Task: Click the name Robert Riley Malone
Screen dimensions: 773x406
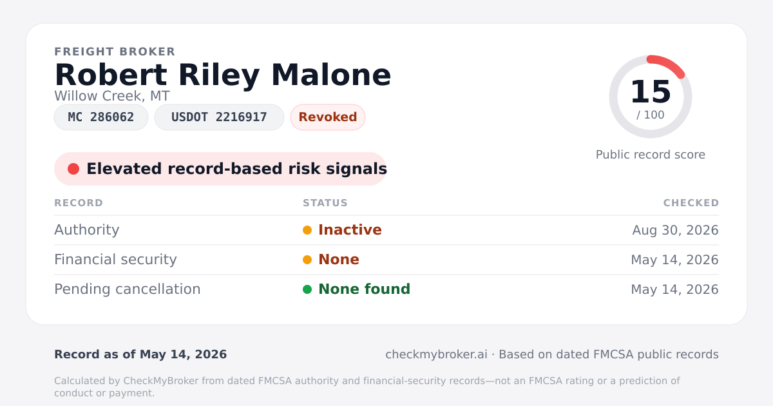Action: (x=223, y=75)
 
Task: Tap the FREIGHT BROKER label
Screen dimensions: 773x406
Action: (x=115, y=52)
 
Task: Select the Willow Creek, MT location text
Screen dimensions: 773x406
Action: (x=112, y=96)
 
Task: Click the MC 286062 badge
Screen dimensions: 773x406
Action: (x=101, y=117)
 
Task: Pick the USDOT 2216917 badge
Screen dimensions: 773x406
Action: (x=219, y=117)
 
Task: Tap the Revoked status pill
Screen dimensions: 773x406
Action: (x=328, y=117)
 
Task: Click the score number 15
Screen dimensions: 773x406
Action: (x=651, y=92)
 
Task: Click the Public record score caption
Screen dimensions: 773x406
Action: (x=651, y=155)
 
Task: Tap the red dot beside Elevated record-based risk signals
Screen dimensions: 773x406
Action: (x=73, y=169)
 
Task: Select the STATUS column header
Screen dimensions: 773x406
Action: (x=325, y=203)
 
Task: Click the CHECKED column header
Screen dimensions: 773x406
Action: (x=691, y=203)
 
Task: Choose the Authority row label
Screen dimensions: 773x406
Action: (x=87, y=230)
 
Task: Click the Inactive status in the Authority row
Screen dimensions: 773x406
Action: (x=350, y=230)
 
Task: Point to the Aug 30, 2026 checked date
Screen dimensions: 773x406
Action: (x=675, y=230)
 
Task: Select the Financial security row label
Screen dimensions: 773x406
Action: (x=115, y=260)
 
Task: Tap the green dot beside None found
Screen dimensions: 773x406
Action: (x=307, y=289)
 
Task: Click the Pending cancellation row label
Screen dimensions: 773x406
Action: (x=128, y=289)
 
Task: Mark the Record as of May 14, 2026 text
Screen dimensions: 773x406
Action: (x=140, y=354)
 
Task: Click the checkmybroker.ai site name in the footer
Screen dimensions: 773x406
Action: (x=436, y=354)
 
